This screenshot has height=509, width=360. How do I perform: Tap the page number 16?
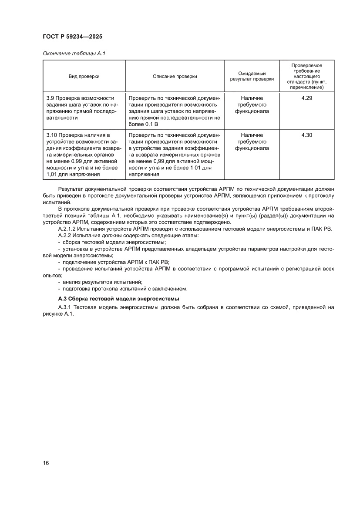46,462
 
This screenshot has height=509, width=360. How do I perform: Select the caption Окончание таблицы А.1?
74,54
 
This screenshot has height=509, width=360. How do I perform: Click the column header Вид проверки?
84,76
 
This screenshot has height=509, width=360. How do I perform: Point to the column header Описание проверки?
175,76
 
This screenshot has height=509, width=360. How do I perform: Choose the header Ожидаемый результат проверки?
252,76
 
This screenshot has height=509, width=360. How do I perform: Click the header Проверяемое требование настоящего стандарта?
306,76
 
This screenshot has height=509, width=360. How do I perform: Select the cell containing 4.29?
306,98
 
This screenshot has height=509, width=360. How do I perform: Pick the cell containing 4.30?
306,135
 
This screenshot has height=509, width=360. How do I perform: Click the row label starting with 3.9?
80,108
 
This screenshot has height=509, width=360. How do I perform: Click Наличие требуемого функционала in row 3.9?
252,105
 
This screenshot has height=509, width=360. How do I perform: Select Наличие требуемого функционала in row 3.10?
252,142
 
